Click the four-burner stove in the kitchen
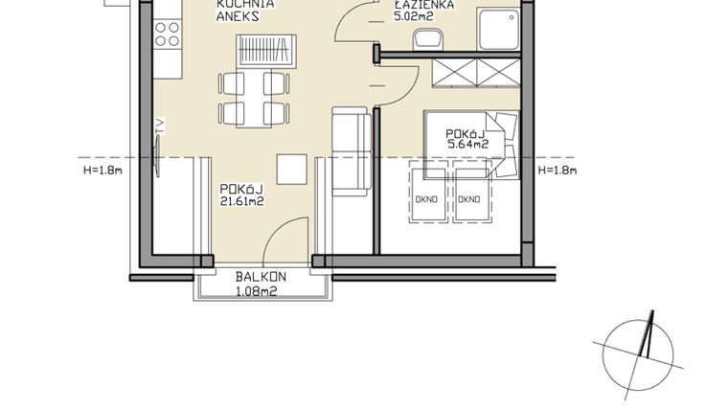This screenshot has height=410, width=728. coord(166,35)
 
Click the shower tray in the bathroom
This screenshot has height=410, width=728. coord(499,31)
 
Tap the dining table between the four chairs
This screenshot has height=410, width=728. coord(255,96)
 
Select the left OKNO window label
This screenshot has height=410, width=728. coord(426,199)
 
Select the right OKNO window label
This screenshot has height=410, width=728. coord(468,199)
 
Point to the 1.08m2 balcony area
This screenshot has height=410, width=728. coord(256,291)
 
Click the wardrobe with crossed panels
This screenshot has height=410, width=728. coord(476,74)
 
